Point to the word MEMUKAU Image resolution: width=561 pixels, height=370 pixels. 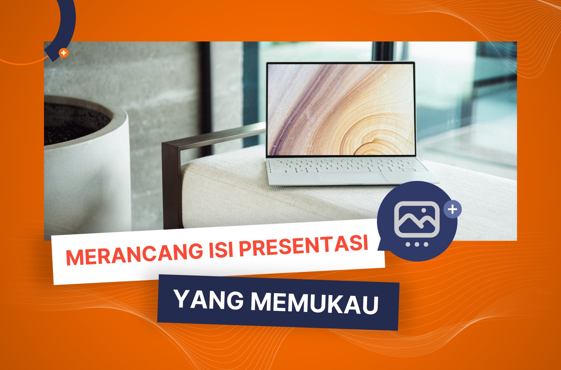click(x=314, y=303)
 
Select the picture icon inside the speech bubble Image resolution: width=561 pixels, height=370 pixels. click(x=417, y=220)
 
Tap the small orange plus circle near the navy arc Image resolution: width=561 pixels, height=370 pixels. click(x=64, y=53)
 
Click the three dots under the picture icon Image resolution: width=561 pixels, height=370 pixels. click(x=417, y=244)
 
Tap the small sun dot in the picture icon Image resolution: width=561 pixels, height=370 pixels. click(x=424, y=211)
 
